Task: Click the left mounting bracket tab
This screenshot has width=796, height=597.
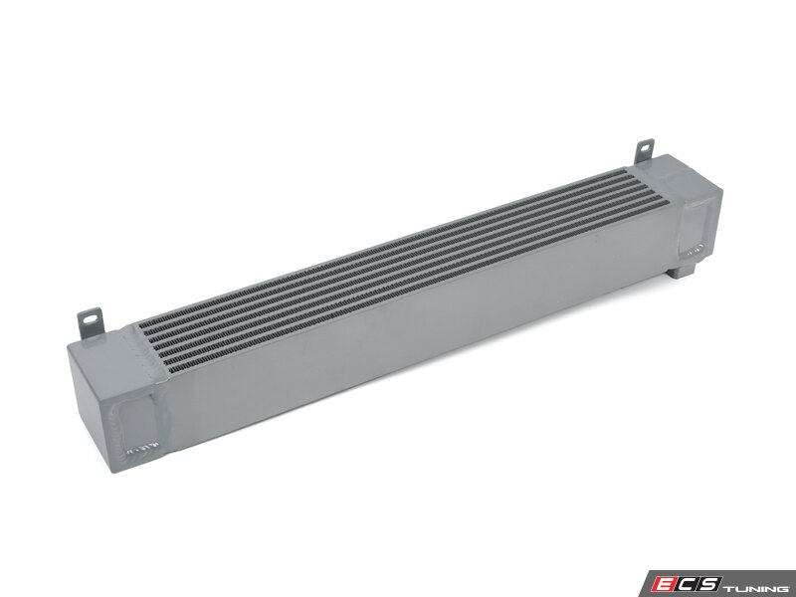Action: (x=90, y=321)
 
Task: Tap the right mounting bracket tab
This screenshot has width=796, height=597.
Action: (x=644, y=152)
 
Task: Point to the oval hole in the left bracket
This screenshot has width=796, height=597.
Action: (x=91, y=318)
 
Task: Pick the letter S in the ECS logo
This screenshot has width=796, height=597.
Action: (x=707, y=583)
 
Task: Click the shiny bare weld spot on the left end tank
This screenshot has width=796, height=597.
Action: (x=142, y=448)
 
